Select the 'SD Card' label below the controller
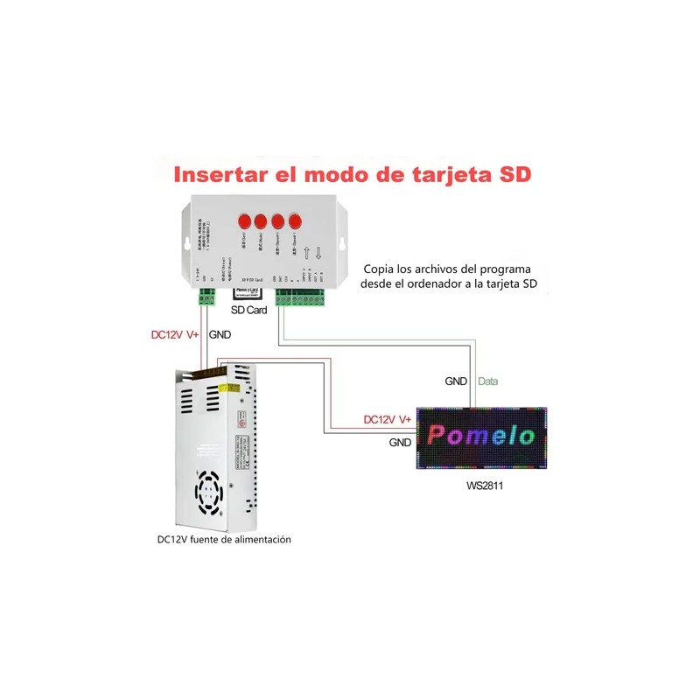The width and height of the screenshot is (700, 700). click(250, 310)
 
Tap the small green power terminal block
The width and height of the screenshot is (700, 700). click(206, 298)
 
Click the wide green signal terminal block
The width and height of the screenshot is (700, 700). click(302, 300)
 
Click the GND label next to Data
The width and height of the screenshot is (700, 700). click(456, 381)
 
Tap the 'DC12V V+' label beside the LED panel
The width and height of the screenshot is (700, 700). click(388, 420)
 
